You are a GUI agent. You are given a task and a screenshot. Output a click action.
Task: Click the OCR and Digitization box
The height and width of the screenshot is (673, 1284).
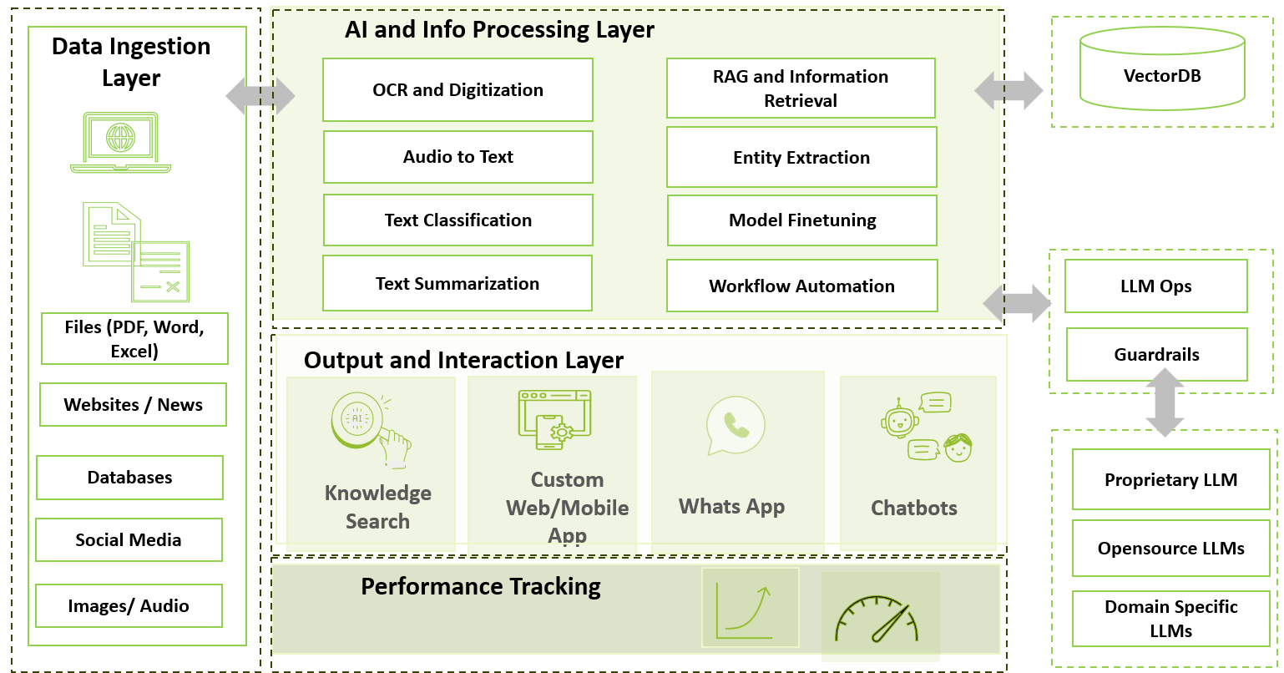point(457,90)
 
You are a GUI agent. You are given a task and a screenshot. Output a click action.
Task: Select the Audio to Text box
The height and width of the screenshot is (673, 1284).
point(457,157)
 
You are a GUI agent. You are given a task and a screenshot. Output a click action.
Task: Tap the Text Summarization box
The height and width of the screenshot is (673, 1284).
point(457,284)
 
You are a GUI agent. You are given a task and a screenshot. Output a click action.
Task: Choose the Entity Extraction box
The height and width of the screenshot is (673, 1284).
point(801,158)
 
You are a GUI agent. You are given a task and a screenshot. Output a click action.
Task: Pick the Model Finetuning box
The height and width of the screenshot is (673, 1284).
point(802,220)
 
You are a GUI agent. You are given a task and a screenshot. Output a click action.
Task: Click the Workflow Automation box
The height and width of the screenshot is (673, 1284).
point(801,286)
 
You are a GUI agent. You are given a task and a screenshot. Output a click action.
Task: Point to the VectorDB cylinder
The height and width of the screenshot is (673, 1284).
point(1162,70)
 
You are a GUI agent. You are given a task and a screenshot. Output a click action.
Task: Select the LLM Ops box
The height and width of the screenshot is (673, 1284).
point(1156,286)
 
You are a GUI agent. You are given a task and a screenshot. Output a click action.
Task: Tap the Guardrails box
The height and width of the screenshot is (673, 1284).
point(1157,355)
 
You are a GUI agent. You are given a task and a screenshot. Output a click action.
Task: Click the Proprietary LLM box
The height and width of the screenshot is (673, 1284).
point(1170,480)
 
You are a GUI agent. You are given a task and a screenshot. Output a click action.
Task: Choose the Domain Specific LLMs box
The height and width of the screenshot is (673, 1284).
point(1170,619)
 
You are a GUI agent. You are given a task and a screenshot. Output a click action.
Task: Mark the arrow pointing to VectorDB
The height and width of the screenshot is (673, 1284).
point(1008,90)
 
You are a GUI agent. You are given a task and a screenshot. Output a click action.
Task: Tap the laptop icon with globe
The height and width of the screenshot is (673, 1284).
point(121,143)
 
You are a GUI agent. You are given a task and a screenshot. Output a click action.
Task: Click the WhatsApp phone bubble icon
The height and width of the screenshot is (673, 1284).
point(735,425)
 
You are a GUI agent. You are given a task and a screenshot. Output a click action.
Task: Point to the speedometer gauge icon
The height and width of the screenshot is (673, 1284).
point(877,619)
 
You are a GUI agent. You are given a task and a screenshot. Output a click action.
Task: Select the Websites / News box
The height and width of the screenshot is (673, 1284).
point(133,405)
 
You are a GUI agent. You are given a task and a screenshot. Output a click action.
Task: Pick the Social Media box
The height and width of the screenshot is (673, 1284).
point(129,540)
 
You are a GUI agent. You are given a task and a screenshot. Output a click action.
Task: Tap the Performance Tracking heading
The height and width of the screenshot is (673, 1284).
point(480,587)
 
